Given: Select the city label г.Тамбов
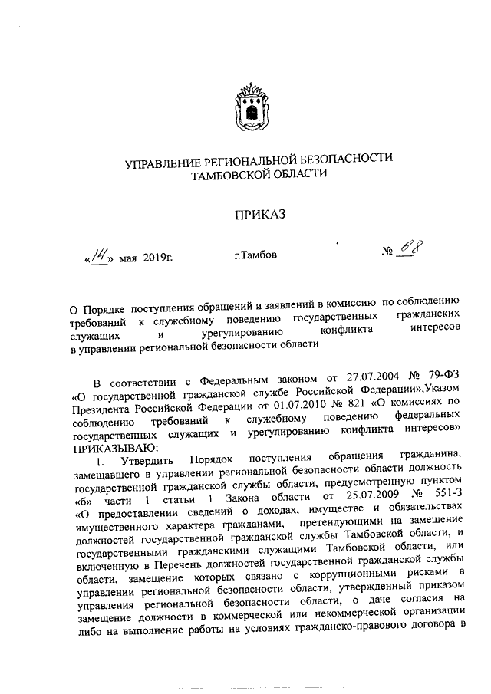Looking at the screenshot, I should click(x=255, y=254).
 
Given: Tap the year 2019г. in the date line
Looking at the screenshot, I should click(x=158, y=256).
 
